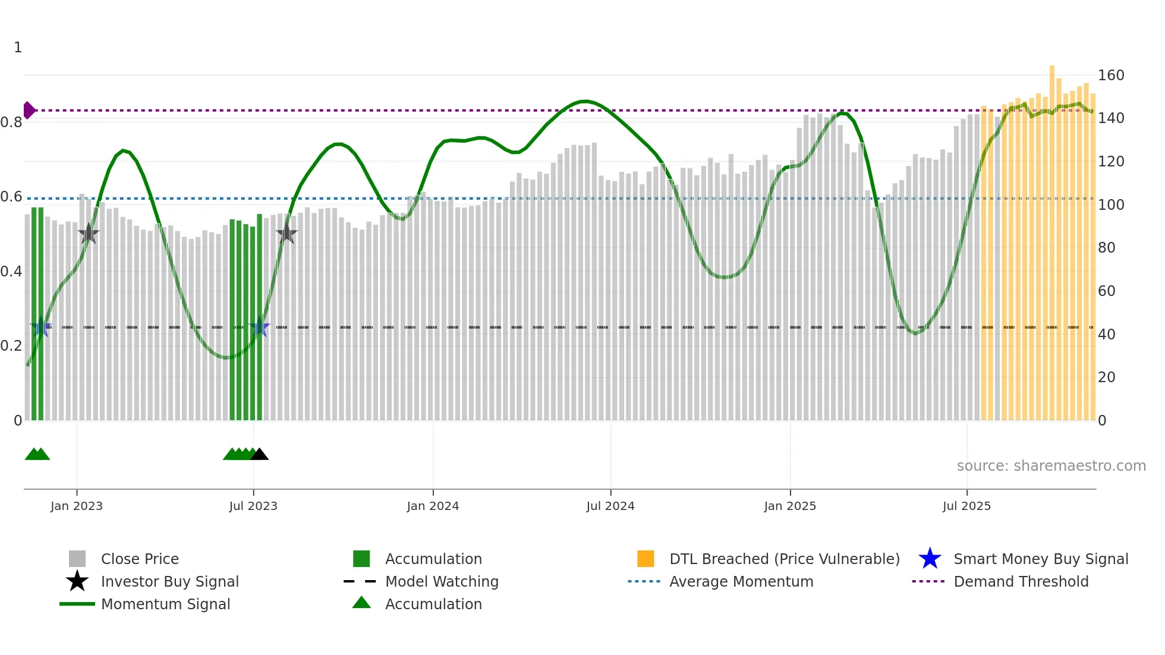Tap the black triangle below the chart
[259, 455]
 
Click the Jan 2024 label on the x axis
[433, 506]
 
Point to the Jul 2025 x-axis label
[966, 506]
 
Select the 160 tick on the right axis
[1111, 75]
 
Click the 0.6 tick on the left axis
[11, 197]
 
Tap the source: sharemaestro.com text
[1051, 466]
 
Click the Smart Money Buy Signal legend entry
[1040, 559]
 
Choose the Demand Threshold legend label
[1021, 581]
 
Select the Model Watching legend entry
[441, 581]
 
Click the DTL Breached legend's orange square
[646, 559]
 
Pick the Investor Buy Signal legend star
[77, 581]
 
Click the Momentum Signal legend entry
[165, 604]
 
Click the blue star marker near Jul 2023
[260, 327]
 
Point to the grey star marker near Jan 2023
[89, 234]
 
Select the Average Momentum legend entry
[741, 581]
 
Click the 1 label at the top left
[18, 48]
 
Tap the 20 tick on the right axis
[1106, 377]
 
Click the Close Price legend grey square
[77, 559]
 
